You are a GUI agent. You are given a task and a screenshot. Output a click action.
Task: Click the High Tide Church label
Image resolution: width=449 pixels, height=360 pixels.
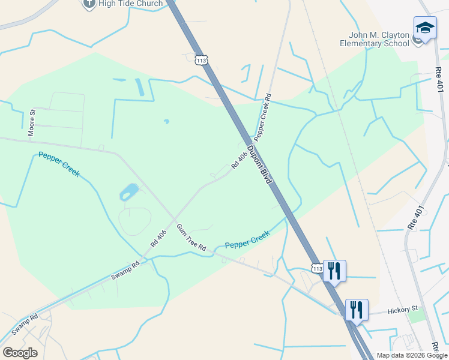click(x=131, y=4)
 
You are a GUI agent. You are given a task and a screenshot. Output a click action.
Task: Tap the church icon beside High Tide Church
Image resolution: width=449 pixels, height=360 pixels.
click(x=89, y=3)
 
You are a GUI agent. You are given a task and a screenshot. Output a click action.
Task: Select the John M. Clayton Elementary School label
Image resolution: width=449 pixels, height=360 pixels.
click(x=375, y=39)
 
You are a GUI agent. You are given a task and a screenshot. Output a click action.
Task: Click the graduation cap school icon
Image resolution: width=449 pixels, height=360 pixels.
click(x=425, y=28)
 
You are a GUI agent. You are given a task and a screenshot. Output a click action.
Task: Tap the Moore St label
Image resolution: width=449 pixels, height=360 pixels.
click(x=32, y=122)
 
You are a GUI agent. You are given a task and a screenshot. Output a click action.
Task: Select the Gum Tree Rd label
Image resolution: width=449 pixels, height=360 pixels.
click(x=191, y=237)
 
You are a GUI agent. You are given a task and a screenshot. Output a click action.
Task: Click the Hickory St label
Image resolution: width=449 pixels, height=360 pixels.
click(x=402, y=310)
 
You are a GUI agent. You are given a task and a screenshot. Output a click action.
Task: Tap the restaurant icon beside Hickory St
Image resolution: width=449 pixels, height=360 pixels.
click(x=357, y=310)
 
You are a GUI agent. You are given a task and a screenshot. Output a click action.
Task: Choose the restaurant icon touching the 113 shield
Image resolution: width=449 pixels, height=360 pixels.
click(x=334, y=271)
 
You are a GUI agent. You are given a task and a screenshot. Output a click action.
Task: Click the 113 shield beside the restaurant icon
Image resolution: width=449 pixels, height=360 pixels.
click(x=317, y=269)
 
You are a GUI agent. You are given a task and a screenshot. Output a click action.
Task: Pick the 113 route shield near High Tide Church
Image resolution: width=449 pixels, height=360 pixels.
click(x=202, y=60)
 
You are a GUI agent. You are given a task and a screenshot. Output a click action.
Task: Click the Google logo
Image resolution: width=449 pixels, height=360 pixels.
click(x=20, y=353)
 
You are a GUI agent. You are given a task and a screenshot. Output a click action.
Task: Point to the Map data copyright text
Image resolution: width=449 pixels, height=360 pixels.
click(x=412, y=355)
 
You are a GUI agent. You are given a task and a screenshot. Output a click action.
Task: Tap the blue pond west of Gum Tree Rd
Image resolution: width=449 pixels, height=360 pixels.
click(x=128, y=192)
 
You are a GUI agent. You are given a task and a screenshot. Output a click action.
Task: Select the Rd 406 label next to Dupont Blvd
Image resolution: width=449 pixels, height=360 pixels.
click(x=240, y=160)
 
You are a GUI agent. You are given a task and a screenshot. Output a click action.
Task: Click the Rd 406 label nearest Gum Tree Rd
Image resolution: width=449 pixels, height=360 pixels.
click(x=158, y=239)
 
